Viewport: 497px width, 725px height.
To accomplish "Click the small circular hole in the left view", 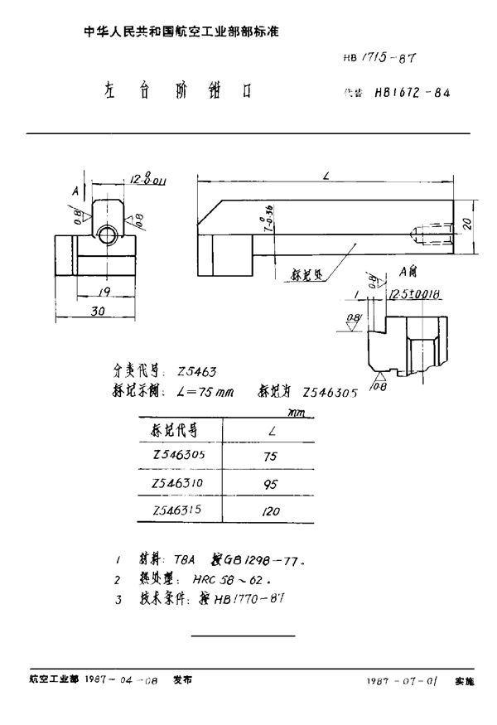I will (x=106, y=235).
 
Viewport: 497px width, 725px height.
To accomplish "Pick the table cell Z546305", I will (x=177, y=455).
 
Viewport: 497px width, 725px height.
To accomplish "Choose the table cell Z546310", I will (x=177, y=483).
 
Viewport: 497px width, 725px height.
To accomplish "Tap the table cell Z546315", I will (x=177, y=510).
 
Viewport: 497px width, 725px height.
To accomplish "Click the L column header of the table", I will (x=273, y=429).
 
